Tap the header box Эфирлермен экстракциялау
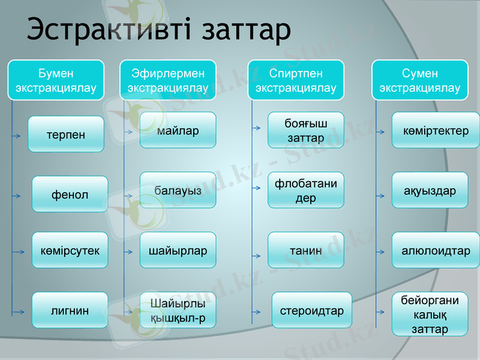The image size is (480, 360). (x=168, y=80)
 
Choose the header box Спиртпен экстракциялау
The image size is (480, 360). (x=296, y=80)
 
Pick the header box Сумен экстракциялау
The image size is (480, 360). (x=420, y=80)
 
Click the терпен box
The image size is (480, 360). (x=66, y=134)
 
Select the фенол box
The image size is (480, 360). (x=70, y=194)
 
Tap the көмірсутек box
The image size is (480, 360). (x=70, y=250)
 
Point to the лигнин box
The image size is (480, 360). (x=70, y=310)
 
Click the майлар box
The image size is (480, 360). (x=178, y=130)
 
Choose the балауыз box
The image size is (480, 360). (x=178, y=190)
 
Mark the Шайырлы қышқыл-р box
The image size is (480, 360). (x=178, y=310)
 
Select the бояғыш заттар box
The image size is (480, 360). (x=305, y=130)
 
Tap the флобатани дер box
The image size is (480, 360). (x=305, y=190)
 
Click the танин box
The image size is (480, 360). (x=305, y=250)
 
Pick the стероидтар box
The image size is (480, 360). (x=311, y=310)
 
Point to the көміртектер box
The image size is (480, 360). (x=436, y=130)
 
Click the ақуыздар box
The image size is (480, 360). (x=430, y=190)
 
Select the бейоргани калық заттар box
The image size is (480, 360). (x=430, y=314)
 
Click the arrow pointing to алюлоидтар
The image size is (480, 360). (x=380, y=253)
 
